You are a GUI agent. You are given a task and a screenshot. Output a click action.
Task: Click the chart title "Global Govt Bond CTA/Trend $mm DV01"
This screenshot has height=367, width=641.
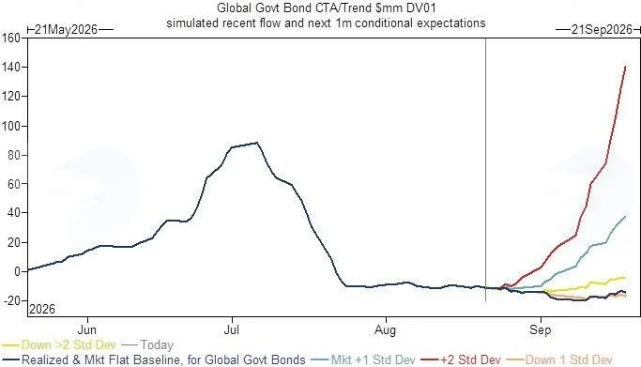coord(326,8)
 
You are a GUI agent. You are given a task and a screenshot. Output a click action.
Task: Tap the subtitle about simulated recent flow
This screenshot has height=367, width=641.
coord(326,23)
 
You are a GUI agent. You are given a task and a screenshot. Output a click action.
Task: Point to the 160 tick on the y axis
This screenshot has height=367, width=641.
coord(10,38)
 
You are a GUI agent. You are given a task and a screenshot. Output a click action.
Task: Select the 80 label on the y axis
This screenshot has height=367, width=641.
coord(14,155)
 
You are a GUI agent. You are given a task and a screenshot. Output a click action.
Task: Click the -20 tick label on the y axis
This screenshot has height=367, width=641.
coord(11,300)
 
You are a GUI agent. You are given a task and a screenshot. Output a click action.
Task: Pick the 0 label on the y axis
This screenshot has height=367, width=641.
coord(17,272)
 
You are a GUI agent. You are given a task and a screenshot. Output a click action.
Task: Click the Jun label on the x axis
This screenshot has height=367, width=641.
coord(87,329)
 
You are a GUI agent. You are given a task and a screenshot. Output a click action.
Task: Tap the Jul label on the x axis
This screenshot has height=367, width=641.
coord(232,329)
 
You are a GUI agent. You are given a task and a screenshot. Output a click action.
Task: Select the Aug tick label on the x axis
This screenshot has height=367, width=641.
coord(386,329)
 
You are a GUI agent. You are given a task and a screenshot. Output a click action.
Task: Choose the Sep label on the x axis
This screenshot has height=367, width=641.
coord(541,329)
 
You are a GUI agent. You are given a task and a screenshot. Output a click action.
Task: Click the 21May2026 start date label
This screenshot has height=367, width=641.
coord(67,30)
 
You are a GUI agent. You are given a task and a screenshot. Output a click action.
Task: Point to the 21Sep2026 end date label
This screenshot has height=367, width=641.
coord(602,30)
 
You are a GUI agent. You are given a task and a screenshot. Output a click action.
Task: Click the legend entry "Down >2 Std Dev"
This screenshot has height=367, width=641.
coord(59,344)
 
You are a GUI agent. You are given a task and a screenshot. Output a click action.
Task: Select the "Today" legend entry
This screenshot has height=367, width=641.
coord(147,344)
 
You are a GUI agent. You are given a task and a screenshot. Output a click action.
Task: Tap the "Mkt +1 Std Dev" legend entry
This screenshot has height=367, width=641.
coord(363,359)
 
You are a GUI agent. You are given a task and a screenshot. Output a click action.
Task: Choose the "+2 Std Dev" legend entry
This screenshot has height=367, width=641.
coord(461,359)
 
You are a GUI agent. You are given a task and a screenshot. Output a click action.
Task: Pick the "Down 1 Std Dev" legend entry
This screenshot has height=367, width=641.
coord(559,359)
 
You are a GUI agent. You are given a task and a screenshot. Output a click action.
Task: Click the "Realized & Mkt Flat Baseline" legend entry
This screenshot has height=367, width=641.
coord(154,359)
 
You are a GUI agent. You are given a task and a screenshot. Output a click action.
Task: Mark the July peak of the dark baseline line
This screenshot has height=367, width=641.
coord(257,143)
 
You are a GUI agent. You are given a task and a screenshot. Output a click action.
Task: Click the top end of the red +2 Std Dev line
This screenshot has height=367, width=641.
coord(625,67)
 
